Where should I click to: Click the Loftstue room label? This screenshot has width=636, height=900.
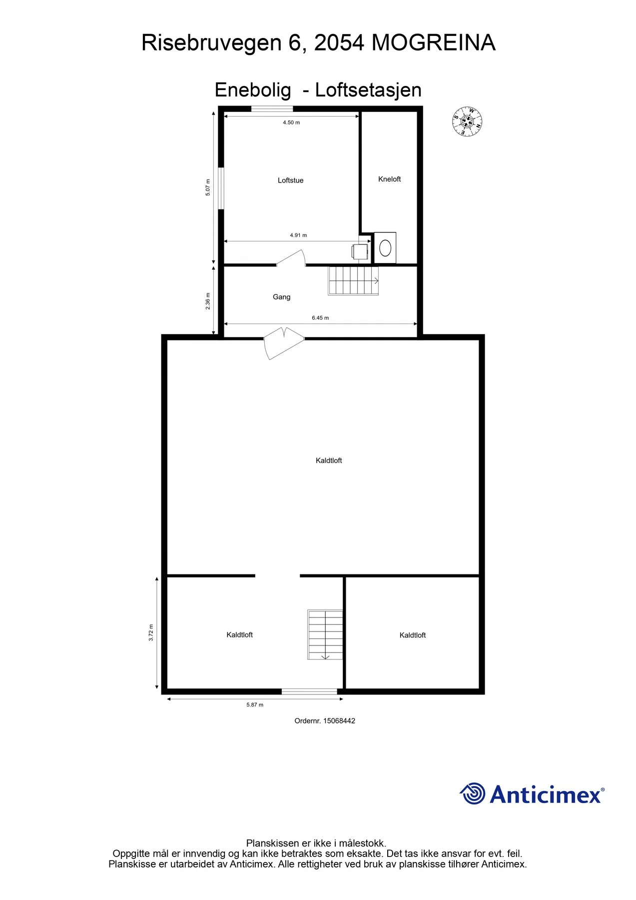coord(290,180)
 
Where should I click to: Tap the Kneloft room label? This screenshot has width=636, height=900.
coord(390,179)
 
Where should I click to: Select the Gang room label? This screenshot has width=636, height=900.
coord(281,297)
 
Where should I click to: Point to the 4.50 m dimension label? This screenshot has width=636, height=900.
coord(291,122)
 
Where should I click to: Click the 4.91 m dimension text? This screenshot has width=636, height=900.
coord(298,235)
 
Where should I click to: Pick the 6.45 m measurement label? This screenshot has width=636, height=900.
coord(320,317)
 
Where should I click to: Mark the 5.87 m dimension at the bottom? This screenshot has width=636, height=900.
coord(255,704)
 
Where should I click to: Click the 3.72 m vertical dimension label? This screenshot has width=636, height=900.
coord(151,632)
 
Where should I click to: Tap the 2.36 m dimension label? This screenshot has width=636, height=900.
coord(208,301)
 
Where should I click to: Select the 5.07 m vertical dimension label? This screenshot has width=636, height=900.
coord(208,187)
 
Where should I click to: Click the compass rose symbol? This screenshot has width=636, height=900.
coord(468,121)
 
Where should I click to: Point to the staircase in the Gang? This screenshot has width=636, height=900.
coord(353,280)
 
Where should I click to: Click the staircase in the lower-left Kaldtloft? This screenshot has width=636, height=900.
coord(325,634)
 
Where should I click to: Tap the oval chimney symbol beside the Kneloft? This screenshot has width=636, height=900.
coord(385,247)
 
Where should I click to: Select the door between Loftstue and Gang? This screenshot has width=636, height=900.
coord(291,258)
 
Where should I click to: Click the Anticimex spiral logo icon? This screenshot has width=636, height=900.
coord(473,793)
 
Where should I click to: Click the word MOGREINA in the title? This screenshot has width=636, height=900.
coord(433,42)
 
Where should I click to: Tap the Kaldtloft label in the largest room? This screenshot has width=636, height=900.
coord(329,460)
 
